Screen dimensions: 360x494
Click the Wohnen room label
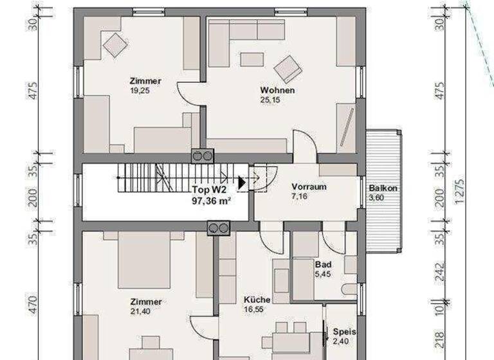pyautogui.click(x=277, y=91)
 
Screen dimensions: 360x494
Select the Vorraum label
pyautogui.click(x=309, y=187)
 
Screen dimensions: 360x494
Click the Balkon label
pyautogui.click(x=383, y=189)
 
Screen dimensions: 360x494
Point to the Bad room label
pyautogui.click(x=322, y=265)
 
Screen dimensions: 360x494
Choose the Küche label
pyautogui.click(x=257, y=300)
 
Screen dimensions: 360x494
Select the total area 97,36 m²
pyautogui.click(x=211, y=200)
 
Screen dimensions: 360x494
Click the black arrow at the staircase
pyautogui.click(x=242, y=183)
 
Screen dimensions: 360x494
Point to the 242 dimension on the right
pyautogui.click(x=439, y=273)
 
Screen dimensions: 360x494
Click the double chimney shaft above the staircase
pyautogui.click(x=201, y=156)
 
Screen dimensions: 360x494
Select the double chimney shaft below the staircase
pyautogui.click(x=218, y=228)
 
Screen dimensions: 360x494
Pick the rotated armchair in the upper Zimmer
pyautogui.click(x=116, y=45)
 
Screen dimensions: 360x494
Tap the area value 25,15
pyautogui.click(x=278, y=101)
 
